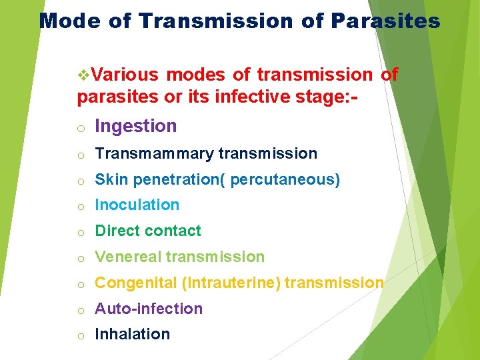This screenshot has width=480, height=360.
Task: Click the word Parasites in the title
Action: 385,21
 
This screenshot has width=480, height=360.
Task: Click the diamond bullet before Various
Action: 83,75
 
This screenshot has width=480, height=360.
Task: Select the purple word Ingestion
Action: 135,126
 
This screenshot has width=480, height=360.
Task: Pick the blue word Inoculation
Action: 137,205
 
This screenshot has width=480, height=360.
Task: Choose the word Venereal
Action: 129,257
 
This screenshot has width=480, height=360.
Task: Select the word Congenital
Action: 135,283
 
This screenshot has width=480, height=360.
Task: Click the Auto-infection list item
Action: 148,309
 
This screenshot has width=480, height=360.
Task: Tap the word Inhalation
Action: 132,335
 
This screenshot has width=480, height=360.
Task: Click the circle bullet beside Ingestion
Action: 79,128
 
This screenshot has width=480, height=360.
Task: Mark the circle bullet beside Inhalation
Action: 79,336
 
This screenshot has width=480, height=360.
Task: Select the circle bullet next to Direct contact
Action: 79,233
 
